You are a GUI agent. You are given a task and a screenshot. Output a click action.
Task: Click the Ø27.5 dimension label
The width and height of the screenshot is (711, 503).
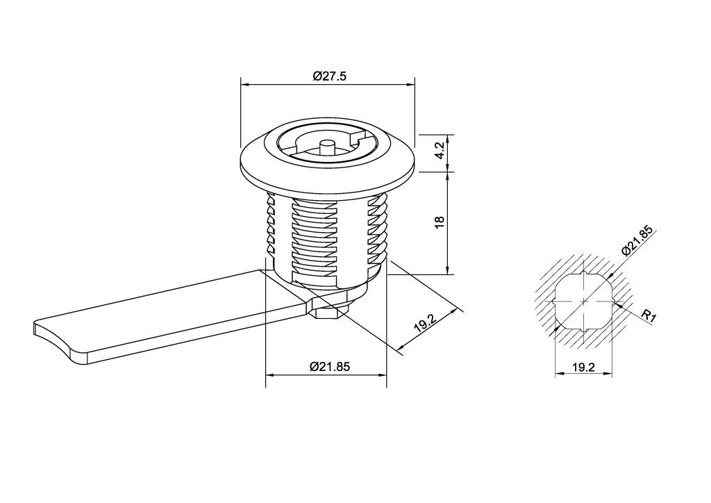pyautogui.click(x=329, y=76)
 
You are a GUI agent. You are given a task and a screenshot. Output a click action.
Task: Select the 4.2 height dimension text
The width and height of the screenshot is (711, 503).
pyautogui.click(x=440, y=151)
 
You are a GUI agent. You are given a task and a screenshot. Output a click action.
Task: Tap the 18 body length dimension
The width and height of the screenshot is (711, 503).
pyautogui.click(x=440, y=222)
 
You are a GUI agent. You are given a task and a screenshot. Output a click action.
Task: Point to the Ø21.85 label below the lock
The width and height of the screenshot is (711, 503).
pyautogui.click(x=330, y=366)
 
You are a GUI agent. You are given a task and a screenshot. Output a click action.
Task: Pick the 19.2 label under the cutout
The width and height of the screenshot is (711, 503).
pyautogui.click(x=583, y=367)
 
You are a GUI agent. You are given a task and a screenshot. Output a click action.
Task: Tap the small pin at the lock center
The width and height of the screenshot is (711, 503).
pyautogui.click(x=326, y=147)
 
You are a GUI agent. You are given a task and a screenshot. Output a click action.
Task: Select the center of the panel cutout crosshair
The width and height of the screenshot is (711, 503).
pyautogui.click(x=583, y=302)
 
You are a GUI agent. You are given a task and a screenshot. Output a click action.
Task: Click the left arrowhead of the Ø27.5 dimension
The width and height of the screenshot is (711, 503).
pyautogui.click(x=244, y=84)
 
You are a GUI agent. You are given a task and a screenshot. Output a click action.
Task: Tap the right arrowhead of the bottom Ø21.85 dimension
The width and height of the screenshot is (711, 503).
pyautogui.click(x=383, y=374)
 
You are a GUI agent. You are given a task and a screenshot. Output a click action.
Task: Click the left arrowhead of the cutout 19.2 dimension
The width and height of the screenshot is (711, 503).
pyautogui.click(x=559, y=373)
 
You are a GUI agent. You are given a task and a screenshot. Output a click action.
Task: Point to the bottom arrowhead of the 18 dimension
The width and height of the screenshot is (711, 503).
pyautogui.click(x=448, y=270)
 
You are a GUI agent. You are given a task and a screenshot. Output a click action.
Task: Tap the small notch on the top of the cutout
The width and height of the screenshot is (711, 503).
pyautogui.click(x=583, y=273)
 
